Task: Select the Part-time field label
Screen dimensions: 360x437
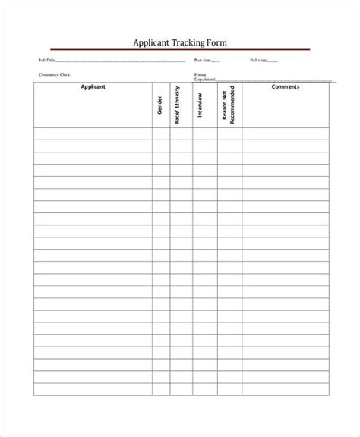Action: (x=202, y=60)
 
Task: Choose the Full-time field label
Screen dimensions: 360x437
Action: (x=258, y=60)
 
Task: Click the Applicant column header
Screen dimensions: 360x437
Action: (x=93, y=87)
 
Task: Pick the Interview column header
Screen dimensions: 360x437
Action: (x=200, y=105)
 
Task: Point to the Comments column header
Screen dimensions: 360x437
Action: (x=286, y=87)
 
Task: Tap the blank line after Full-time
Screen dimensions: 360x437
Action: (x=273, y=61)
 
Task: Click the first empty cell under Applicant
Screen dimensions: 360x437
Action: (x=93, y=134)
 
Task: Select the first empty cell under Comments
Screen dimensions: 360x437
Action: (x=286, y=134)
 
